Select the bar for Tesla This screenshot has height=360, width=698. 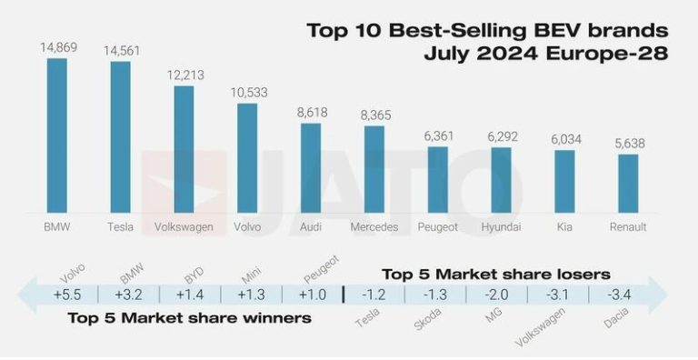click(120, 136)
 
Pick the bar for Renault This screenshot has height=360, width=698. click(628, 183)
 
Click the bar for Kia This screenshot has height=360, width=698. click(564, 181)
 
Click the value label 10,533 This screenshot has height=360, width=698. click(247, 93)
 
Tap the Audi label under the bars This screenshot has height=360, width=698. click(310, 226)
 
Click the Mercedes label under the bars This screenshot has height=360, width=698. click(374, 226)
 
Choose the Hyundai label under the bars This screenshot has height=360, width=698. click(501, 226)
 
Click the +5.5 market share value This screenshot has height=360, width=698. click(67, 295)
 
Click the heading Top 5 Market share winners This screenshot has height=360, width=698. click(189, 319)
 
